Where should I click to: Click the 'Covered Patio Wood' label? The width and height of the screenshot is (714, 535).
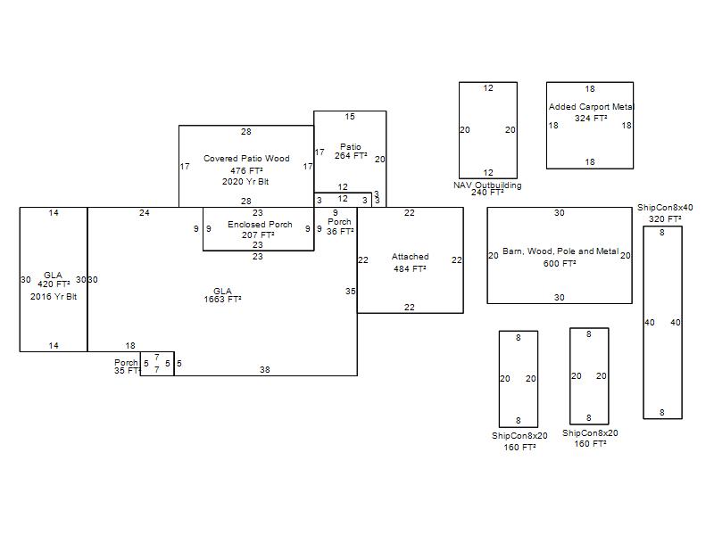(x=246, y=159)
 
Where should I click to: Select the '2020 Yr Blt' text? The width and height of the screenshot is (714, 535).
(x=245, y=182)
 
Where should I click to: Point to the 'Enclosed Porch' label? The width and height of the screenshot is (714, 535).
(x=260, y=224)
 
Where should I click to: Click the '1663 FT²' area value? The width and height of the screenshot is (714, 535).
(x=222, y=300)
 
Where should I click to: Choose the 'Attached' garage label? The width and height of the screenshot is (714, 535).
(x=410, y=257)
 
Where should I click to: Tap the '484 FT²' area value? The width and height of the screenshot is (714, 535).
(x=410, y=268)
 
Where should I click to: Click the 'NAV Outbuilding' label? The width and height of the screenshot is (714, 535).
(x=487, y=185)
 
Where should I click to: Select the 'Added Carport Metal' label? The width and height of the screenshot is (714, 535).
(x=590, y=107)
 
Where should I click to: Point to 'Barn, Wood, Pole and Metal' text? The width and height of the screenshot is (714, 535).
(x=560, y=251)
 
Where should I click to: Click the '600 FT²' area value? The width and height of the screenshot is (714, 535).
(x=560, y=263)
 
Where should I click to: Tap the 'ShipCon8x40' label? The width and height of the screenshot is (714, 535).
(x=665, y=208)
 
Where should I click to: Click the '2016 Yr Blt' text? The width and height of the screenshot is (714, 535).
(x=54, y=296)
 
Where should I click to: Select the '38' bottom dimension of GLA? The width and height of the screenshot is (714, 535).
(x=265, y=369)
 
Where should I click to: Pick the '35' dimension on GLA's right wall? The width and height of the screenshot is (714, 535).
(x=351, y=291)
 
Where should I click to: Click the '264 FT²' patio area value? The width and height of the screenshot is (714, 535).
(x=351, y=156)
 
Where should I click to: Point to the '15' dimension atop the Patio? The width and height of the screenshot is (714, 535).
(x=350, y=117)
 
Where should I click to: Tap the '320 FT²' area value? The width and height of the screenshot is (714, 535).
(x=665, y=219)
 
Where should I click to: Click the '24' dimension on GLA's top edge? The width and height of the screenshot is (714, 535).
(x=145, y=213)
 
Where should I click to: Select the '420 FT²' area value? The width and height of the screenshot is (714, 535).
(x=54, y=284)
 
